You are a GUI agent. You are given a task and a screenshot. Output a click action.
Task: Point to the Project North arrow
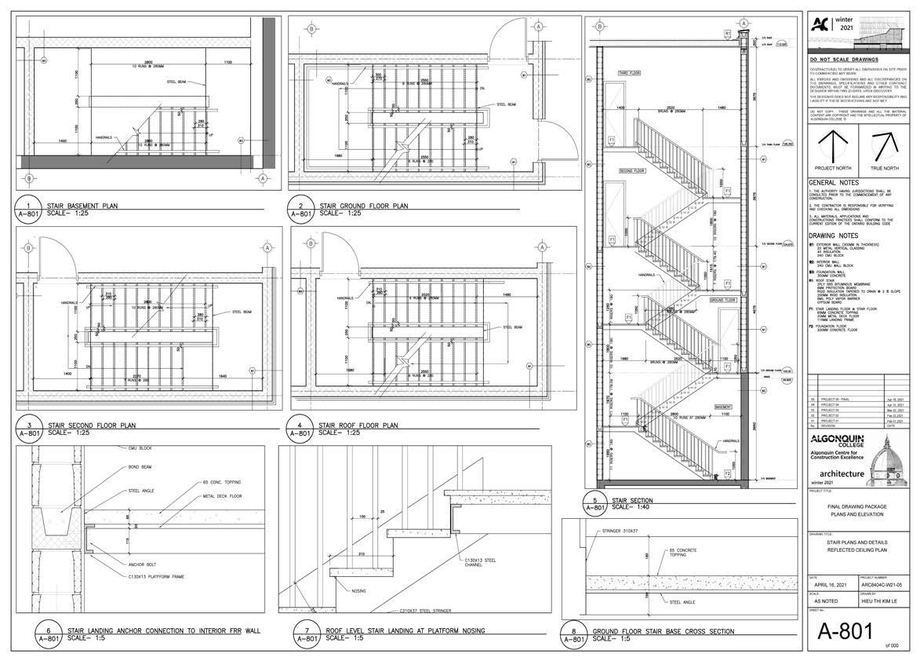click(x=833, y=146)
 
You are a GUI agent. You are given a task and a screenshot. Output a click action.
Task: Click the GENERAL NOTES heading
click(x=833, y=183)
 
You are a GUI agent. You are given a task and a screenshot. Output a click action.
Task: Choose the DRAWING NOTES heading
click(x=834, y=236)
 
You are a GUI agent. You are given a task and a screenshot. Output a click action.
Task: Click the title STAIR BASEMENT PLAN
click(x=82, y=206)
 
